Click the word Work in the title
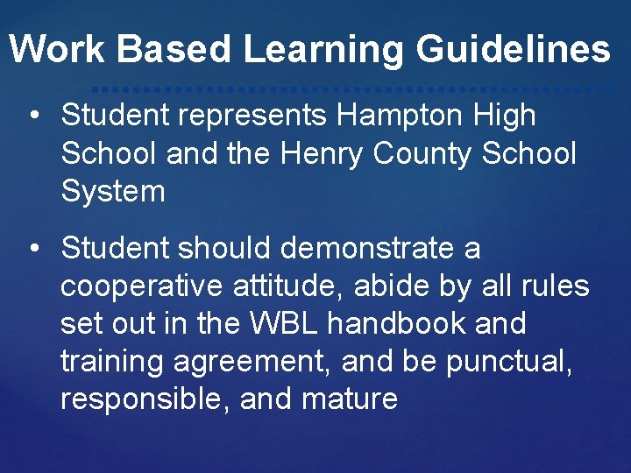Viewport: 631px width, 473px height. tap(58, 49)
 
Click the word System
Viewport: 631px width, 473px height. tap(113, 192)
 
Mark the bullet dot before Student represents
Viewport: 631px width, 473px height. tap(33, 116)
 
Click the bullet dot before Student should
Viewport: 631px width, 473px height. tap(33, 249)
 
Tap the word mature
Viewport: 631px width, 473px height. tap(350, 399)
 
